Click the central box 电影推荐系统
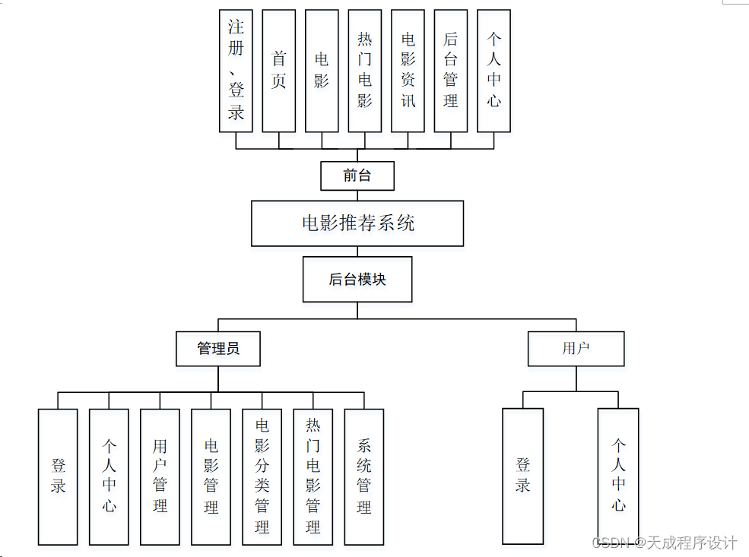pyautogui.click(x=357, y=223)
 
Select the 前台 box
pyautogui.click(x=357, y=176)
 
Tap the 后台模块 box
pyautogui.click(x=357, y=279)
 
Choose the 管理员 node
pyautogui.click(x=218, y=349)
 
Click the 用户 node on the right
pyautogui.click(x=576, y=349)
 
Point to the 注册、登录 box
pyautogui.click(x=236, y=71)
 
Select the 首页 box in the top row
pyautogui.click(x=278, y=71)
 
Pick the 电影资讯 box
pyautogui.click(x=408, y=71)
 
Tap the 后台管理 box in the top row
pyautogui.click(x=451, y=71)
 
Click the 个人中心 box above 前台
pyautogui.click(x=494, y=71)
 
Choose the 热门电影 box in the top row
pyautogui.click(x=365, y=71)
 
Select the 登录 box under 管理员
pyautogui.click(x=58, y=476)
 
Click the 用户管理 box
pyautogui.click(x=160, y=476)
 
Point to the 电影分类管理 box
pyautogui.click(x=262, y=476)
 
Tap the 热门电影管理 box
pyautogui.click(x=313, y=476)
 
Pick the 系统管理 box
pyautogui.click(x=363, y=476)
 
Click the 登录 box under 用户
pyautogui.click(x=522, y=476)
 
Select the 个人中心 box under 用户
pyautogui.click(x=618, y=476)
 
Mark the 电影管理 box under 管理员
pyautogui.click(x=211, y=476)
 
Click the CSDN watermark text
pyautogui.click(x=665, y=543)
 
